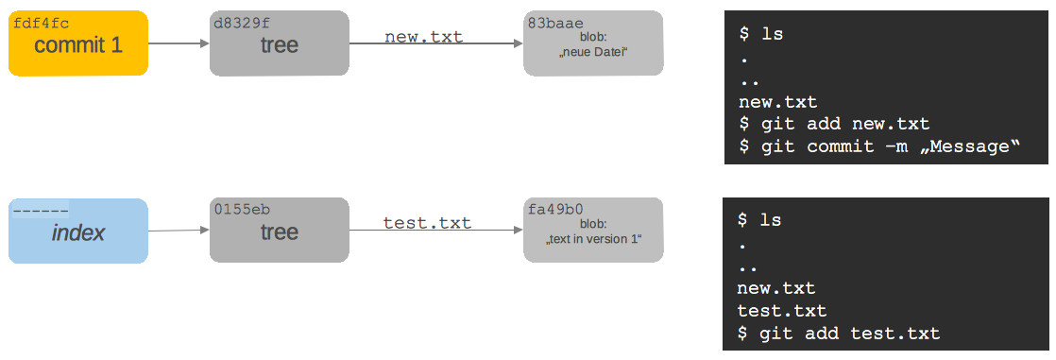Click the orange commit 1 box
78,44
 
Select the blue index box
78,231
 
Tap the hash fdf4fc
41,21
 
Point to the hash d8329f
242,21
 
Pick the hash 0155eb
242,208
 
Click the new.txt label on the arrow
423,36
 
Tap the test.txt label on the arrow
427,223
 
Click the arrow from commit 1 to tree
179,43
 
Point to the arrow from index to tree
179,230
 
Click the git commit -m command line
879,146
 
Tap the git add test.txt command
839,333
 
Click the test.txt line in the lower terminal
782,310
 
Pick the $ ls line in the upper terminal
760,33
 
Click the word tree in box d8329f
280,45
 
